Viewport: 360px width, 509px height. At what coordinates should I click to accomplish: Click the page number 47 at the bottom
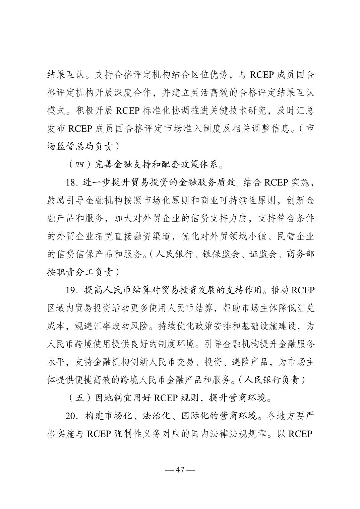pos(180,469)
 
